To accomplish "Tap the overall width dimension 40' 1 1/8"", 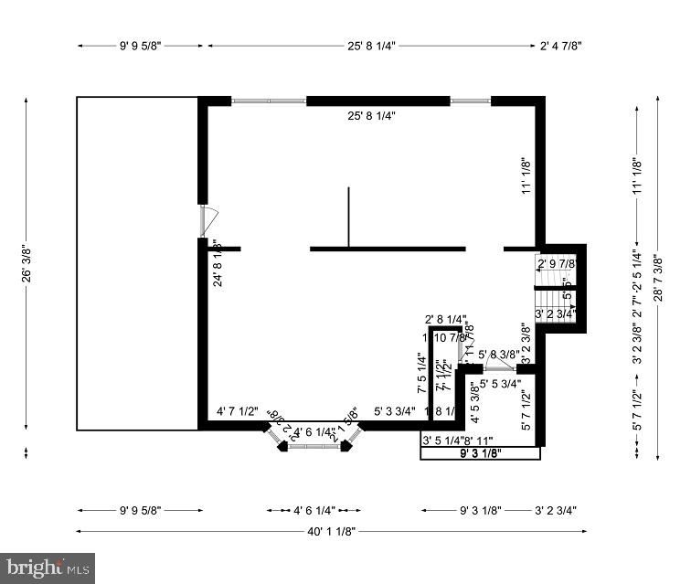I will (x=331, y=530).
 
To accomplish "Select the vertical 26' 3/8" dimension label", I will (x=27, y=263).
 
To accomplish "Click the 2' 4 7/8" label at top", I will (x=560, y=44).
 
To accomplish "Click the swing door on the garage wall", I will (x=207, y=222).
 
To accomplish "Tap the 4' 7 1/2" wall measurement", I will (x=238, y=412).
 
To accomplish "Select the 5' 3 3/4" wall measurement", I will (x=395, y=412).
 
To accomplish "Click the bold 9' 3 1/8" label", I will (x=480, y=452).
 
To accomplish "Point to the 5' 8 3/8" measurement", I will (x=498, y=355).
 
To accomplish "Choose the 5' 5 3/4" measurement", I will (x=500, y=384).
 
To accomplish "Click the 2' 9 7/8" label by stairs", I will (x=557, y=264).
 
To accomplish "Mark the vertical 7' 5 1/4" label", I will (x=421, y=374).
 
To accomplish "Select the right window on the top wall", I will (x=470, y=101).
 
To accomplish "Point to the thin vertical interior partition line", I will (x=348, y=217).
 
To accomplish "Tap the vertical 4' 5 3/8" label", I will (x=474, y=402).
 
